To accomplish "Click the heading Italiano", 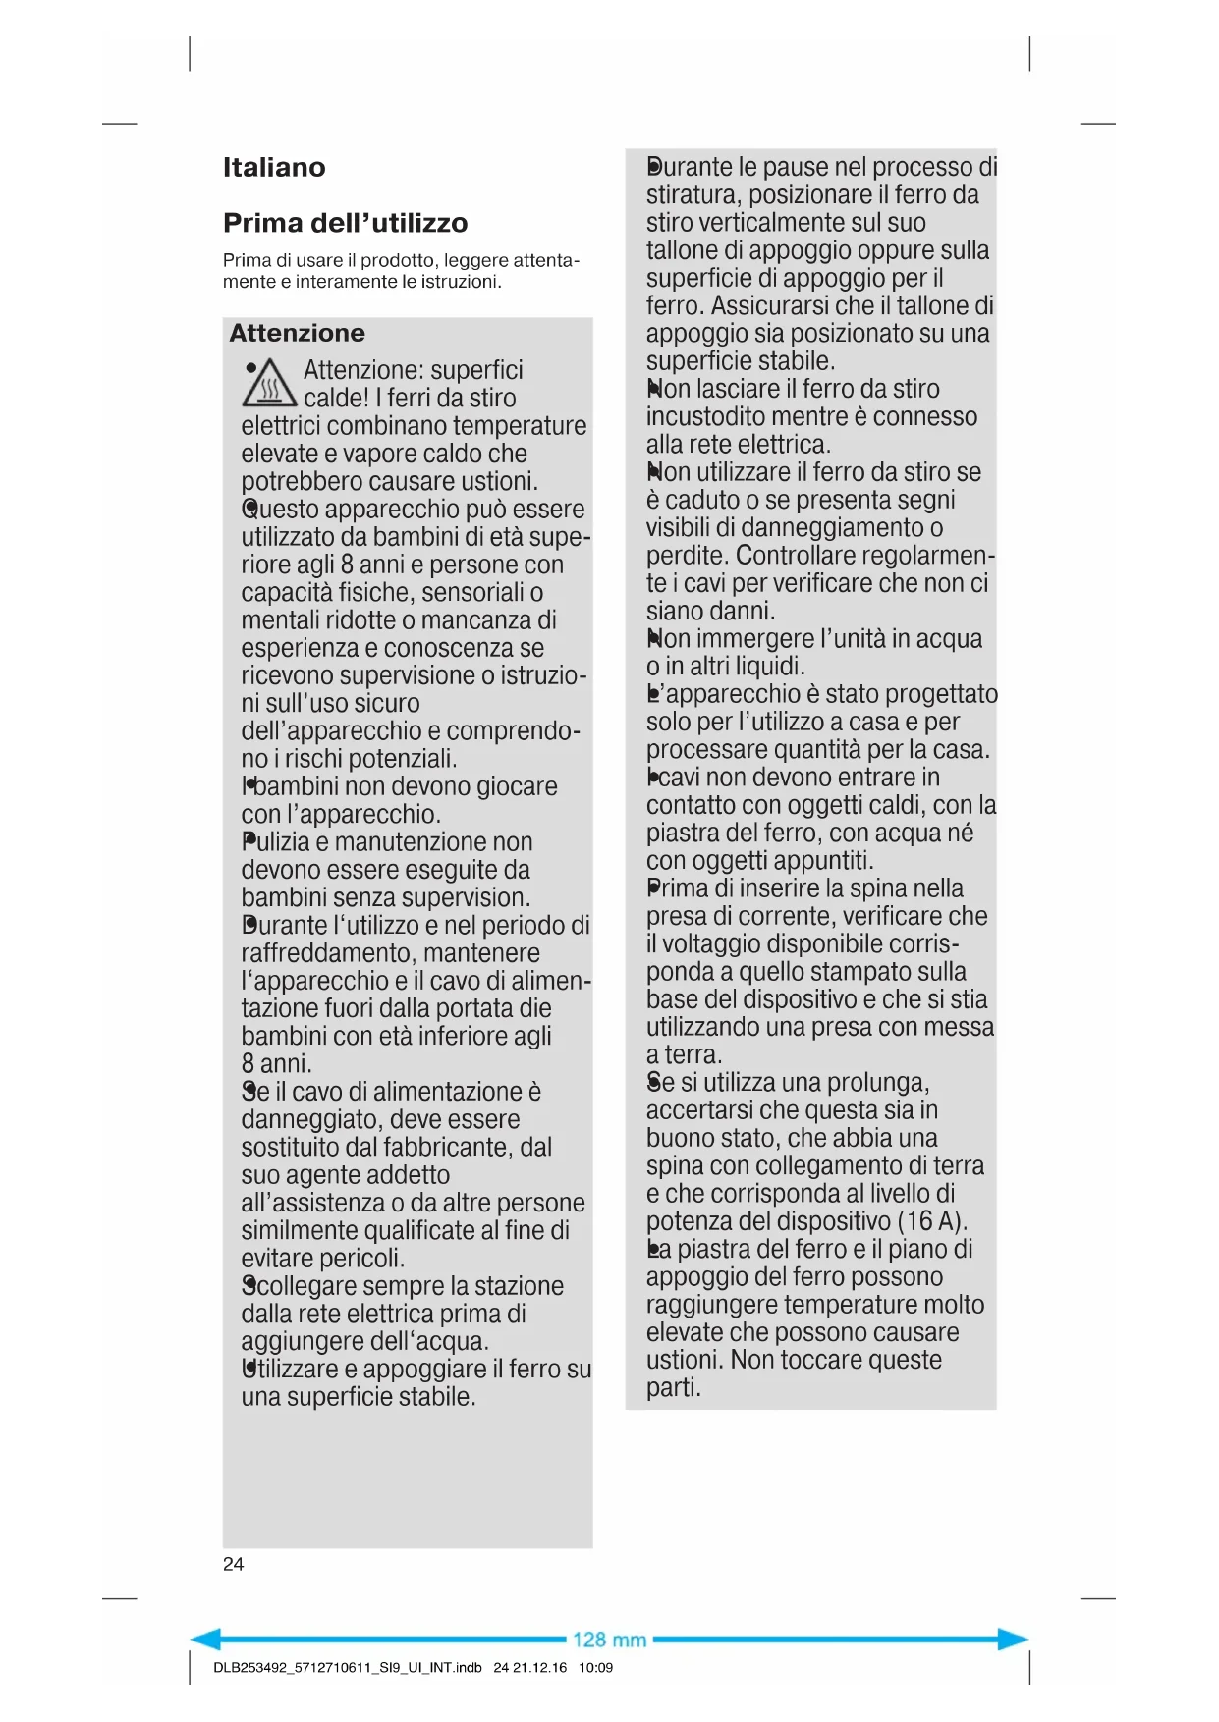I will point(274,167).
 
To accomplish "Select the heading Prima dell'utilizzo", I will point(345,223).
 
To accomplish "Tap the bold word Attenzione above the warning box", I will point(297,333).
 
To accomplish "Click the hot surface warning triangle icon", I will point(269,384).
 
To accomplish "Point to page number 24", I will point(233,1564).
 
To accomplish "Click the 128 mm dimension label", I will point(609,1640).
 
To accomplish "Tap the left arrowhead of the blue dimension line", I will point(204,1639).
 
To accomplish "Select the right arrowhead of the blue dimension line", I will point(1014,1639).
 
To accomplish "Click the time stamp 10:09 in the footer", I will point(595,1667).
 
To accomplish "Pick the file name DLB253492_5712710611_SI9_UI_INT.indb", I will point(347,1667).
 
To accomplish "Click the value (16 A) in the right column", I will point(932,1221).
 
